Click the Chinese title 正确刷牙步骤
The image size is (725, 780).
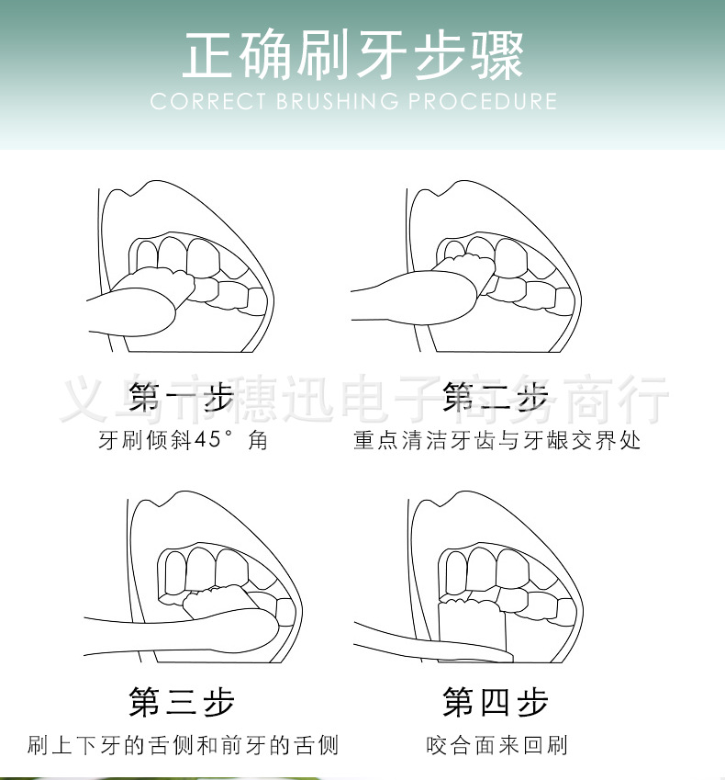pos(352,54)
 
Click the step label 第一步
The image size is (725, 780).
pos(182,398)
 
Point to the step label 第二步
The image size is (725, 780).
pos(496,398)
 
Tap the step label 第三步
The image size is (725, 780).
pos(182,703)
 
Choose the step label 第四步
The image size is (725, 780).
pos(496,703)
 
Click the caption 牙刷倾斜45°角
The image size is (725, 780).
pos(183,440)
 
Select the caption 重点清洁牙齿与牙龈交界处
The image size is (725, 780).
pos(496,440)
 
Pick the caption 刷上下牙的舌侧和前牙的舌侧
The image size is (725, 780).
pos(183,744)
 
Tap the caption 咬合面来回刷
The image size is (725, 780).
pos(496,744)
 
